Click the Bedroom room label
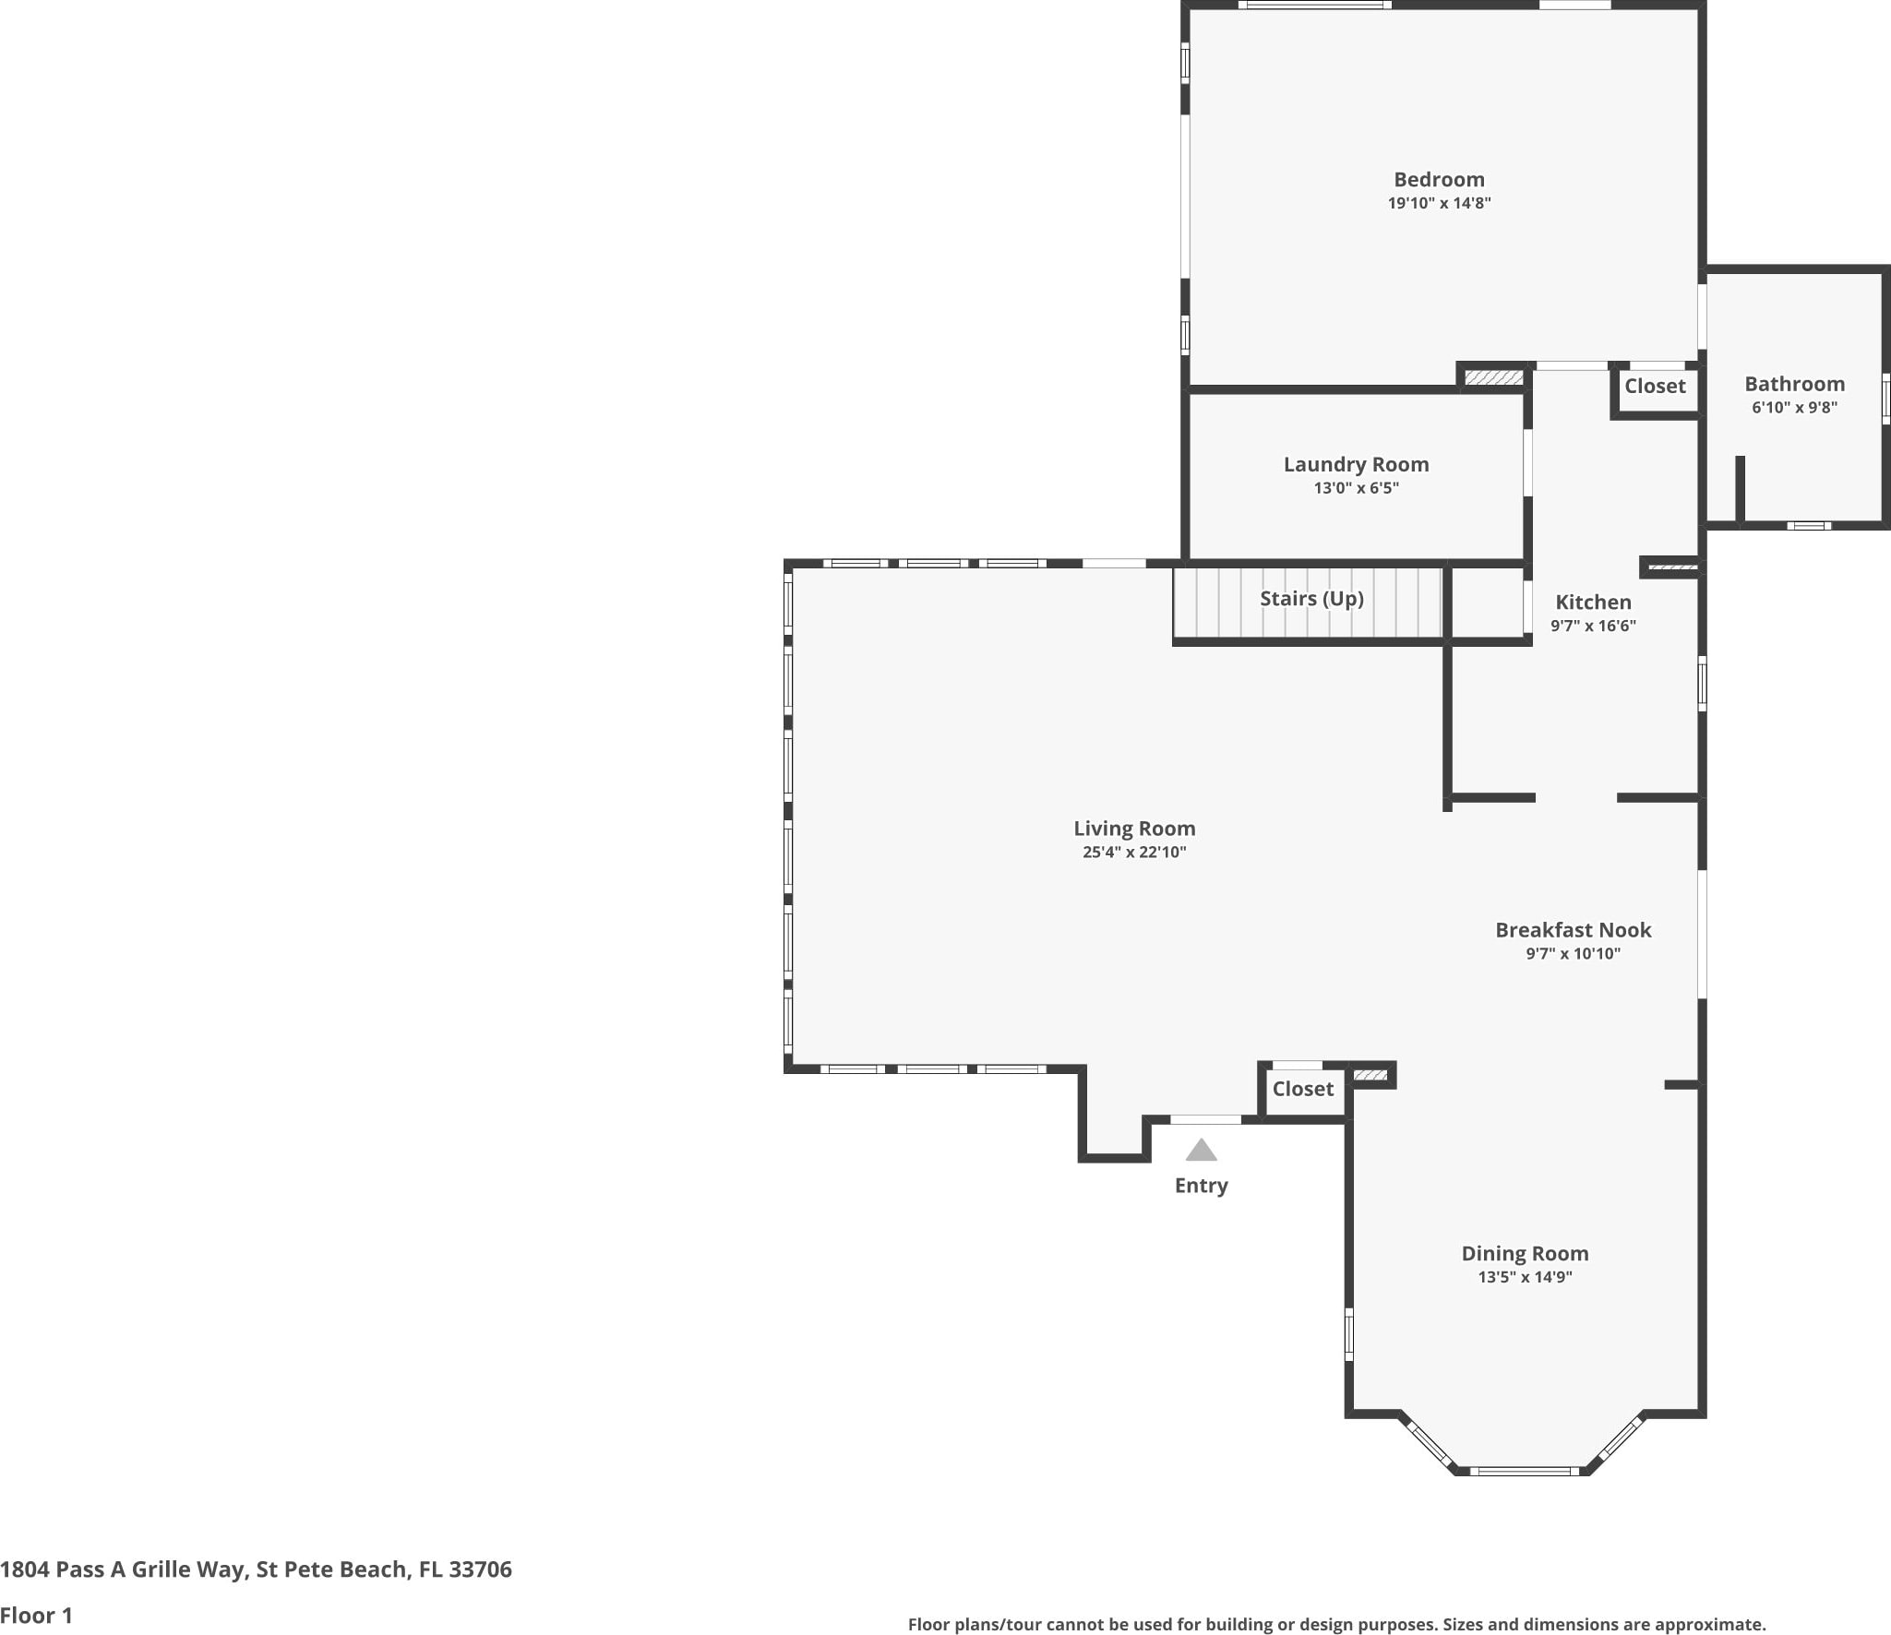[1439, 180]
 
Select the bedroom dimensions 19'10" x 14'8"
[1439, 203]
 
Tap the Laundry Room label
[1356, 465]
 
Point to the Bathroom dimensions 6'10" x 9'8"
[1794, 408]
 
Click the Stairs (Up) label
[1311, 599]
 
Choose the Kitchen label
[1593, 603]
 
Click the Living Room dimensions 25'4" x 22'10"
[1134, 853]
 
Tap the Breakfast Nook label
[1574, 930]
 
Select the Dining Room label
[1525, 1254]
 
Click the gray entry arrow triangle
[1201, 1151]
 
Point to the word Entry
[1201, 1186]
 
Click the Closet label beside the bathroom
[1655, 387]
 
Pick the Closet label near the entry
[1302, 1089]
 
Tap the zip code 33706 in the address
[480, 1569]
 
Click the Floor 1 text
[36, 1616]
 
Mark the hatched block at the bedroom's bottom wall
[1493, 378]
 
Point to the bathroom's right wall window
[1885, 400]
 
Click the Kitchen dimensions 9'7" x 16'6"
[1593, 626]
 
